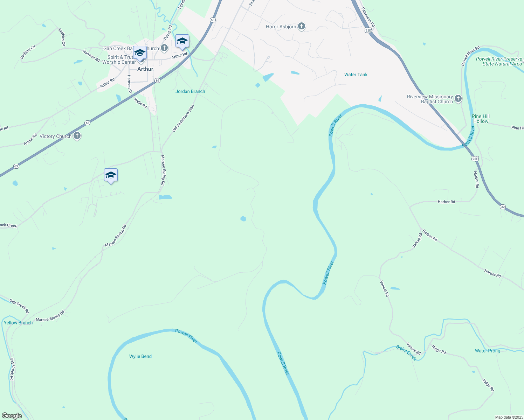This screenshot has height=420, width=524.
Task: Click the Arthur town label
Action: click(x=145, y=69)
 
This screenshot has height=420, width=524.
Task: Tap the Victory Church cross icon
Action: click(x=77, y=136)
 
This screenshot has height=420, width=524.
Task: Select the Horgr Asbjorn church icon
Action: click(x=301, y=27)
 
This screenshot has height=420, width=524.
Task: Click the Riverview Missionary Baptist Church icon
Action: click(x=458, y=99)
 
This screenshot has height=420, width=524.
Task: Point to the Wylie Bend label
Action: click(x=140, y=356)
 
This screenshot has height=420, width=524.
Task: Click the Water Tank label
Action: click(x=356, y=75)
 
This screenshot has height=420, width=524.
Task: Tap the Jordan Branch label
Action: click(x=190, y=91)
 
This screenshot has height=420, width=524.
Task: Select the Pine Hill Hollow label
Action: click(x=481, y=119)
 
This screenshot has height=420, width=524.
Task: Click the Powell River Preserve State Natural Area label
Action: click(x=499, y=61)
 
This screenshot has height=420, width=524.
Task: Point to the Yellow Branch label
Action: click(x=18, y=323)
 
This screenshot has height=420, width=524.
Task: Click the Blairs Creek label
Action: click(x=406, y=353)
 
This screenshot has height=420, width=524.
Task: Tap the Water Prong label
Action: click(x=487, y=351)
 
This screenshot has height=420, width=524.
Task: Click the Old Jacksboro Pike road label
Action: click(x=183, y=118)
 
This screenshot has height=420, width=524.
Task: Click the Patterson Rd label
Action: click(x=368, y=17)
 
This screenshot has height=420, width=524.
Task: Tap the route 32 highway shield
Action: click(x=503, y=207)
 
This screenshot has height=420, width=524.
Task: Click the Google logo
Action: click(x=12, y=416)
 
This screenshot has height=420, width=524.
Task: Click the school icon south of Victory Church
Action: click(x=111, y=175)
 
